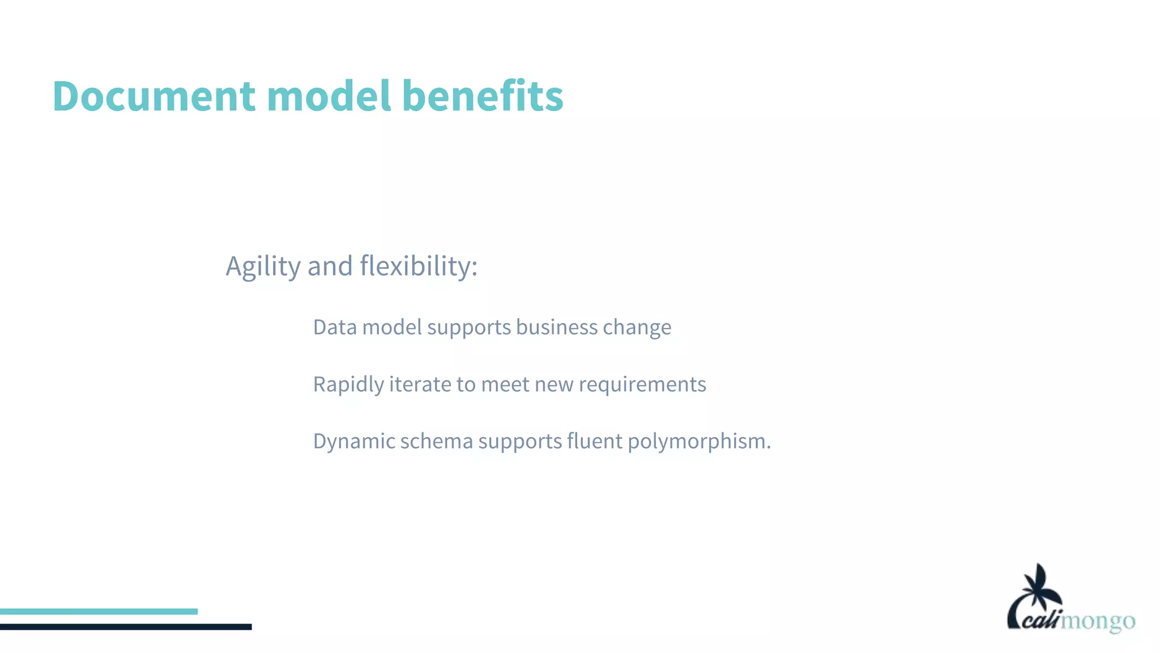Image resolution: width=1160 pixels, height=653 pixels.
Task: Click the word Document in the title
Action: click(153, 96)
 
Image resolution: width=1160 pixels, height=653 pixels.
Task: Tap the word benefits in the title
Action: click(483, 96)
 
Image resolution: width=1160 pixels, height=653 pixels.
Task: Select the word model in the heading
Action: click(329, 96)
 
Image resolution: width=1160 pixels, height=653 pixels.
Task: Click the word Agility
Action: click(263, 266)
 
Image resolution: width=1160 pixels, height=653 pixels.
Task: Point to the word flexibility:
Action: click(419, 266)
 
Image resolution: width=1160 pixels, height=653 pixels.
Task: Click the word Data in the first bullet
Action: click(335, 327)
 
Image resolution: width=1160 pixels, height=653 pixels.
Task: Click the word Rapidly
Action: click(348, 385)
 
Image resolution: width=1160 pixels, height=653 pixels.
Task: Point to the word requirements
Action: click(642, 385)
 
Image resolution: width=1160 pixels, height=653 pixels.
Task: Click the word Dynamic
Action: click(354, 442)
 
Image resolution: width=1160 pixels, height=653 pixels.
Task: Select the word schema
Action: click(436, 441)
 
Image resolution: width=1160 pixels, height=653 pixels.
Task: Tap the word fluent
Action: click(594, 441)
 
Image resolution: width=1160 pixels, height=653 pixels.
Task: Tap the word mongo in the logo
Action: click(1098, 622)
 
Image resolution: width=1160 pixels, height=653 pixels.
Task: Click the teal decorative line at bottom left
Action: click(99, 612)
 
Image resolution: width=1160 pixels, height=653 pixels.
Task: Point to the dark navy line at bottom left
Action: click(126, 627)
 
